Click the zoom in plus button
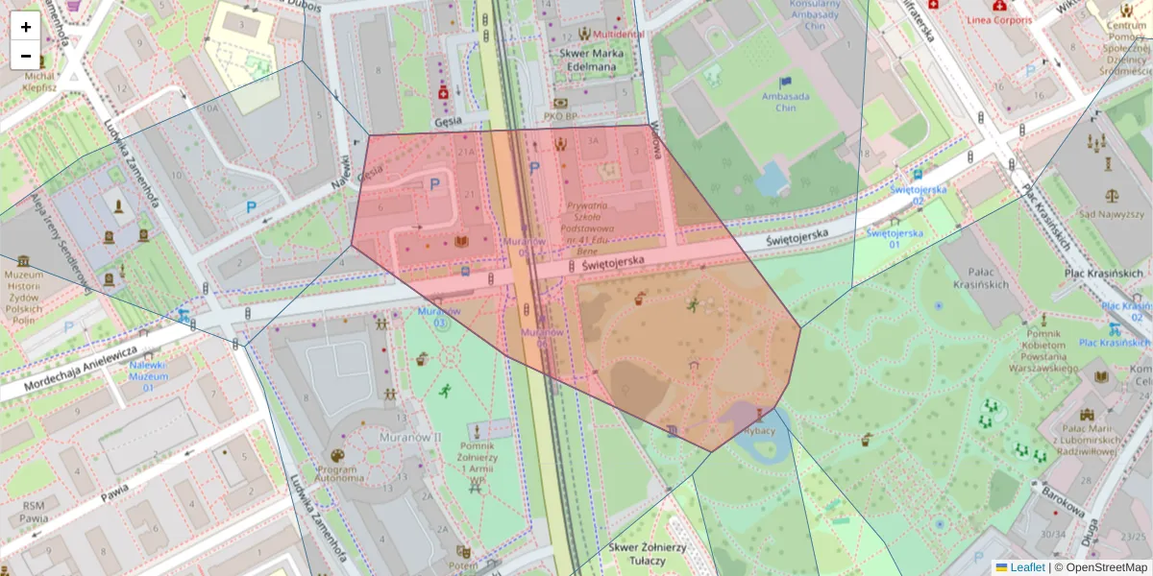pos(26,27)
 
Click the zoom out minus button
pos(26,56)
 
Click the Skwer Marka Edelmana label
pos(592,60)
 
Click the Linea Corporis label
pos(999,19)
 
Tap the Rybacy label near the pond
pos(759,431)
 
